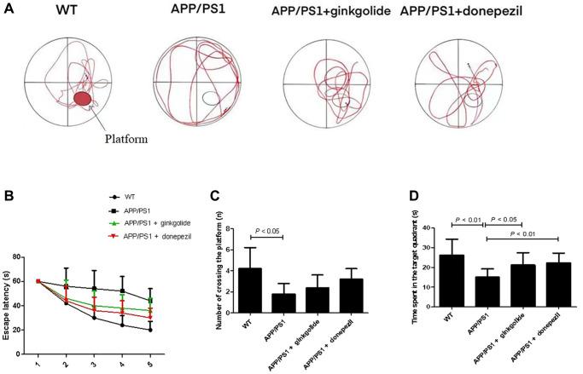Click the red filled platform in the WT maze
pyautogui.click(x=83, y=100)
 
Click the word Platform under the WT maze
pyautogui.click(x=128, y=137)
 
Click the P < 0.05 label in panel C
pyautogui.click(x=268, y=229)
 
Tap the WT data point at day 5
pyautogui.click(x=151, y=330)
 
